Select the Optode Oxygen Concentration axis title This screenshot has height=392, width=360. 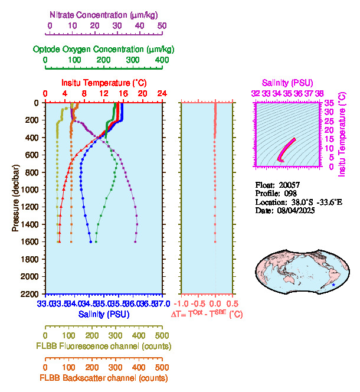(104, 48)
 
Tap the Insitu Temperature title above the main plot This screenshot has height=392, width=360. (104, 83)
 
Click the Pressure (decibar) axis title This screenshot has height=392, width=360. (15, 198)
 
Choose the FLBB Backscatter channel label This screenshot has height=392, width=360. (104, 378)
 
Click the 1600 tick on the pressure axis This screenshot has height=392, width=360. (33, 241)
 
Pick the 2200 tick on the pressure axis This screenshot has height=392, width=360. (33, 293)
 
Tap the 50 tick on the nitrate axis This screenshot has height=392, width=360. (162, 25)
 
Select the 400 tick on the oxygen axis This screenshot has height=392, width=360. (162, 60)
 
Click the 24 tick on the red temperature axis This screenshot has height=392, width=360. (162, 93)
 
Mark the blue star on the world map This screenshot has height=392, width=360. (333, 285)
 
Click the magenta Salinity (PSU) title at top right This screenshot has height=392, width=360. (287, 83)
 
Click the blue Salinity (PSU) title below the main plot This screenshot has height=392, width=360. (104, 315)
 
